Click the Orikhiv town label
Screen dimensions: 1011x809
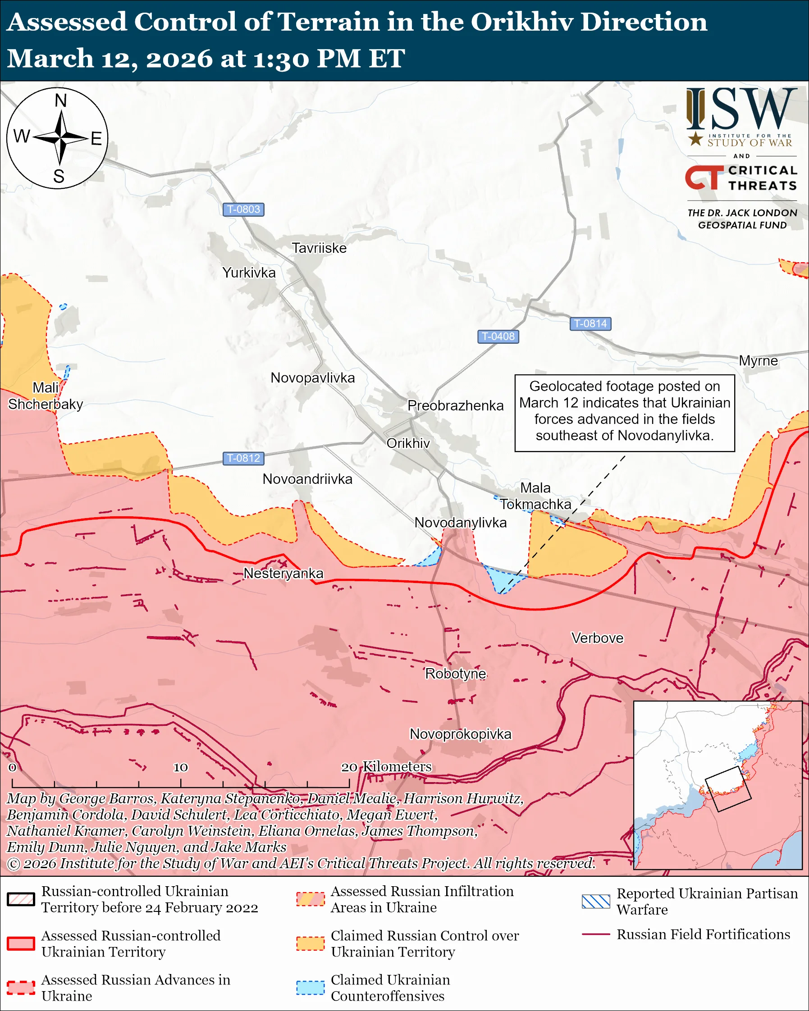tap(408, 443)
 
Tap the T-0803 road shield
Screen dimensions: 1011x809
tap(243, 209)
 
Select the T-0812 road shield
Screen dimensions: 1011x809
tap(243, 458)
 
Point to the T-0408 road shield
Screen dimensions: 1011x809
tap(498, 336)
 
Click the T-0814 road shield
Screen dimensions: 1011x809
tap(590, 323)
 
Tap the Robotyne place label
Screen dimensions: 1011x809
tap(455, 674)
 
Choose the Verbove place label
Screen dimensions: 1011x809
tap(597, 638)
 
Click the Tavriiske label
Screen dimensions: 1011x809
tap(319, 248)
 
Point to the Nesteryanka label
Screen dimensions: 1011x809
tap(283, 573)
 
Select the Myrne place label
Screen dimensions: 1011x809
tap(758, 360)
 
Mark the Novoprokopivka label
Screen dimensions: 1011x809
tap(461, 734)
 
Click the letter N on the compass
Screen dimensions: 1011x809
tap(60, 100)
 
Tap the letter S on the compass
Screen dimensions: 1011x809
tap(59, 176)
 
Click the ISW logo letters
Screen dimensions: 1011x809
tap(741, 110)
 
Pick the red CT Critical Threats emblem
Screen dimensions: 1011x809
tap(704, 177)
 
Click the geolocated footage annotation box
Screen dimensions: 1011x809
tap(624, 413)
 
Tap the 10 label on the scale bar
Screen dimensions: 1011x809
tap(181, 768)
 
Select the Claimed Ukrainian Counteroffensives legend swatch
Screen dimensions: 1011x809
tap(310, 987)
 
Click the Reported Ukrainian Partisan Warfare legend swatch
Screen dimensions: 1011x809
tap(596, 901)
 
